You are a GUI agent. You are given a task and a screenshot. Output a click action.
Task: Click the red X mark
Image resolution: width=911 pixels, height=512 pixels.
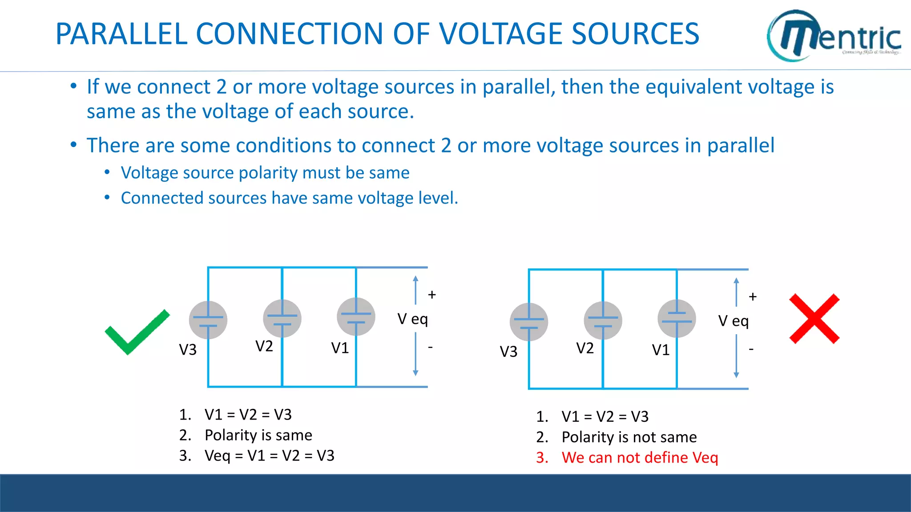[814, 319]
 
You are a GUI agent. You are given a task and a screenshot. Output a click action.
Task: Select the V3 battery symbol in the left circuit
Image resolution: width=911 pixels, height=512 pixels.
[208, 320]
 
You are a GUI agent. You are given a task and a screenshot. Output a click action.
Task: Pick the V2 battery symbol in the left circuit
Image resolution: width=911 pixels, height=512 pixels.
[282, 318]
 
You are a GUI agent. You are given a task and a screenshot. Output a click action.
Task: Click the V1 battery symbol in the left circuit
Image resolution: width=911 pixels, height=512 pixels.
[356, 316]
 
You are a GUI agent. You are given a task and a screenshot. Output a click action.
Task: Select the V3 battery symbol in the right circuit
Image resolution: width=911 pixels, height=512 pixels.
[529, 322]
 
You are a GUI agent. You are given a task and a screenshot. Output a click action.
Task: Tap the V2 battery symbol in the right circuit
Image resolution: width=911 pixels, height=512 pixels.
[603, 320]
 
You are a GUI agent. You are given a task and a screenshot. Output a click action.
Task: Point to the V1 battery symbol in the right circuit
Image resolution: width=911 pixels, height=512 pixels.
[677, 318]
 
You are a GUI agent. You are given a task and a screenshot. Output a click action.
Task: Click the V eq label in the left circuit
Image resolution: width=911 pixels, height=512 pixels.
[412, 319]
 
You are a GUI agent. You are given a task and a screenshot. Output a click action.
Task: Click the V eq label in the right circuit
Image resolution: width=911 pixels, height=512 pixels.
[733, 321]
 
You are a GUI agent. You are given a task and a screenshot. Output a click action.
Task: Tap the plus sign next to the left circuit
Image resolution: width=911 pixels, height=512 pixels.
[431, 295]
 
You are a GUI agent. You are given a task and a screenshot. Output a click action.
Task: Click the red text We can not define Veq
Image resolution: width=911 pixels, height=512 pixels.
[640, 457]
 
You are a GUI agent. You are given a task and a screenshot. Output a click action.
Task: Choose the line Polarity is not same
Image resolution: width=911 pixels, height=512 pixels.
[629, 437]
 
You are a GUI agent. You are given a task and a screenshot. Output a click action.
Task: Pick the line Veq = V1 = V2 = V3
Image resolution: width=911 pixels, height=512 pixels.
[269, 456]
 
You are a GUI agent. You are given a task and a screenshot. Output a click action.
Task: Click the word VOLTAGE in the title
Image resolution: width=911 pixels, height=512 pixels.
[501, 34]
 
